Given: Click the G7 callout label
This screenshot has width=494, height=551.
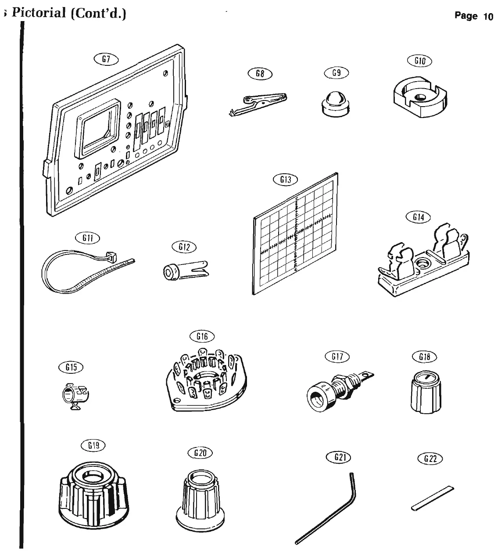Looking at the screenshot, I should click(105, 58).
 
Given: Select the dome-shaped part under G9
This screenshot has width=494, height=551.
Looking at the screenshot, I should click(336, 104).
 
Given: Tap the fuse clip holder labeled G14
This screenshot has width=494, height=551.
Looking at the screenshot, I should click(423, 263).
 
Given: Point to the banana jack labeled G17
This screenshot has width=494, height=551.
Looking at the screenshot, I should click(335, 388).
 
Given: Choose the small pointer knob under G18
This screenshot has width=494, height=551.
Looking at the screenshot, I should click(424, 393).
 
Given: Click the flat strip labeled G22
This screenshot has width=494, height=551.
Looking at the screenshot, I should click(433, 497).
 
